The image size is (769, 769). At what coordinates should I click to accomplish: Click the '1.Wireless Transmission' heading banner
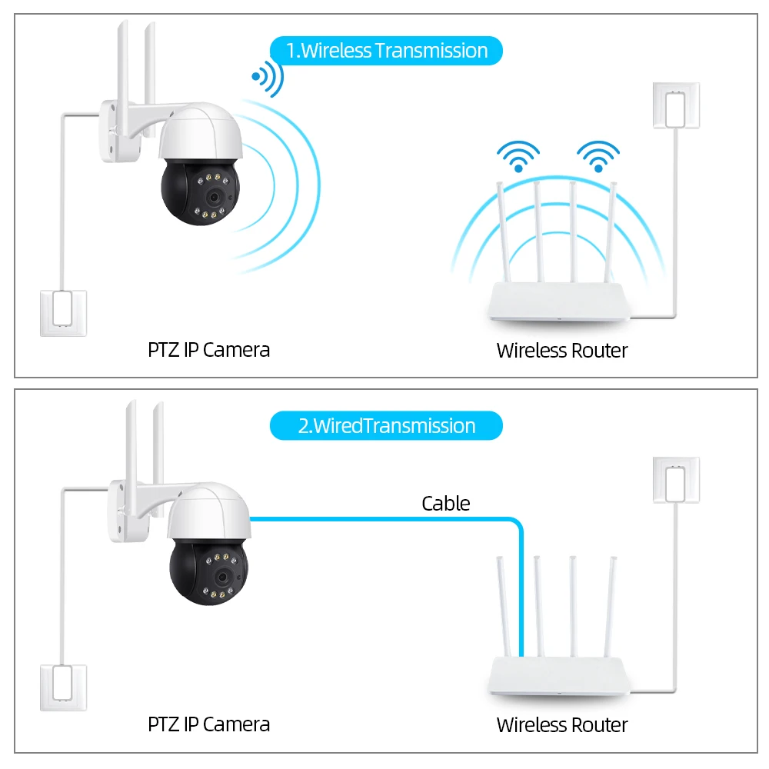coord(386,51)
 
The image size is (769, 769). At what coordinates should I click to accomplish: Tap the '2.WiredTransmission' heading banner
coord(386,426)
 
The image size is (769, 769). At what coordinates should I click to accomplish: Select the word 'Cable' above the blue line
coord(445,504)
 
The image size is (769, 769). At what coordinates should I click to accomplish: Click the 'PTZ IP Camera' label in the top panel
coord(208,350)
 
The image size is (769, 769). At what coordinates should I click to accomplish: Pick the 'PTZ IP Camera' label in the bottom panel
coord(208,724)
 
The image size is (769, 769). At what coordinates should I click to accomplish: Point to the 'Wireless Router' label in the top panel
coord(561,351)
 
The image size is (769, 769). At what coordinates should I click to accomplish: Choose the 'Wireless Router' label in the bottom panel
coord(561,724)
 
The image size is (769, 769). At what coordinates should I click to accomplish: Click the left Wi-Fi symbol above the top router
coord(518,155)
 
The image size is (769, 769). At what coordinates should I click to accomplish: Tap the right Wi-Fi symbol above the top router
coord(598,155)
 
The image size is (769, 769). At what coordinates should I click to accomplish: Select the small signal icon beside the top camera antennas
coord(267,78)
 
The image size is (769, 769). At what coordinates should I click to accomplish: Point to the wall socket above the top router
coord(676,105)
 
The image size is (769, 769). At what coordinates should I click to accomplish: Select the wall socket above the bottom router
coord(676,481)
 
